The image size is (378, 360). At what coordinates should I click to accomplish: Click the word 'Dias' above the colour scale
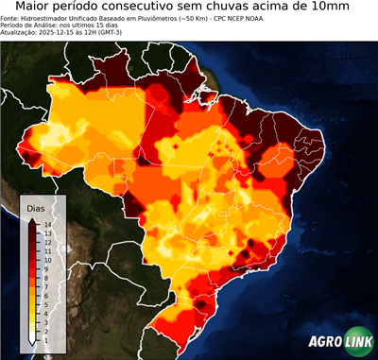click(37, 208)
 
